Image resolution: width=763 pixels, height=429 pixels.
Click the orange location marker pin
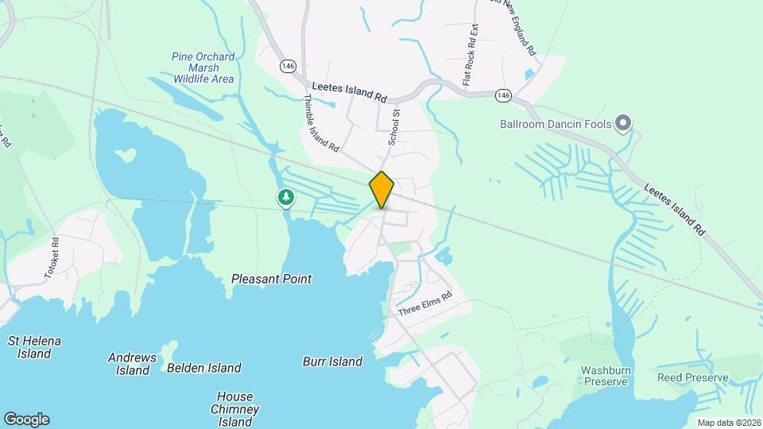point(381,190)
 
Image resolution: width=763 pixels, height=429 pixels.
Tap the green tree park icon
point(285,197)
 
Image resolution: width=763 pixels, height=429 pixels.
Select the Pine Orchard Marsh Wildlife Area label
point(203,68)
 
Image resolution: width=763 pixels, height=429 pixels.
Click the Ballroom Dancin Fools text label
point(555,124)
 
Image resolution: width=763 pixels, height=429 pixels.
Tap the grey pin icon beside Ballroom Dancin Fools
point(623,122)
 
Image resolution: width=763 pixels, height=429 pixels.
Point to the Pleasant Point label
point(271,279)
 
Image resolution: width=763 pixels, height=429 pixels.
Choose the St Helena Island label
point(34,347)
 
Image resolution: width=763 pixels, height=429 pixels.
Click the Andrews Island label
point(132,364)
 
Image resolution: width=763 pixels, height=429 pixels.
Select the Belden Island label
point(204,368)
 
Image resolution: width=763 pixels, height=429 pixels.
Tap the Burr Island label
point(332,361)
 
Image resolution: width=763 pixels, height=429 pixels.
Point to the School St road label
point(393,128)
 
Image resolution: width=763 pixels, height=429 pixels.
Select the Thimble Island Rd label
point(322,124)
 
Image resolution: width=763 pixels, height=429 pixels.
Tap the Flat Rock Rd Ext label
point(470,54)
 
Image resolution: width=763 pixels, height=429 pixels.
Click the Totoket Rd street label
point(52,259)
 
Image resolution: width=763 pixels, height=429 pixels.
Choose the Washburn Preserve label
point(606,376)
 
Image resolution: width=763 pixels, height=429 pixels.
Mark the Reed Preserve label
point(692,377)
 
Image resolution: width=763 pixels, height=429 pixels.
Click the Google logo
point(26,419)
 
